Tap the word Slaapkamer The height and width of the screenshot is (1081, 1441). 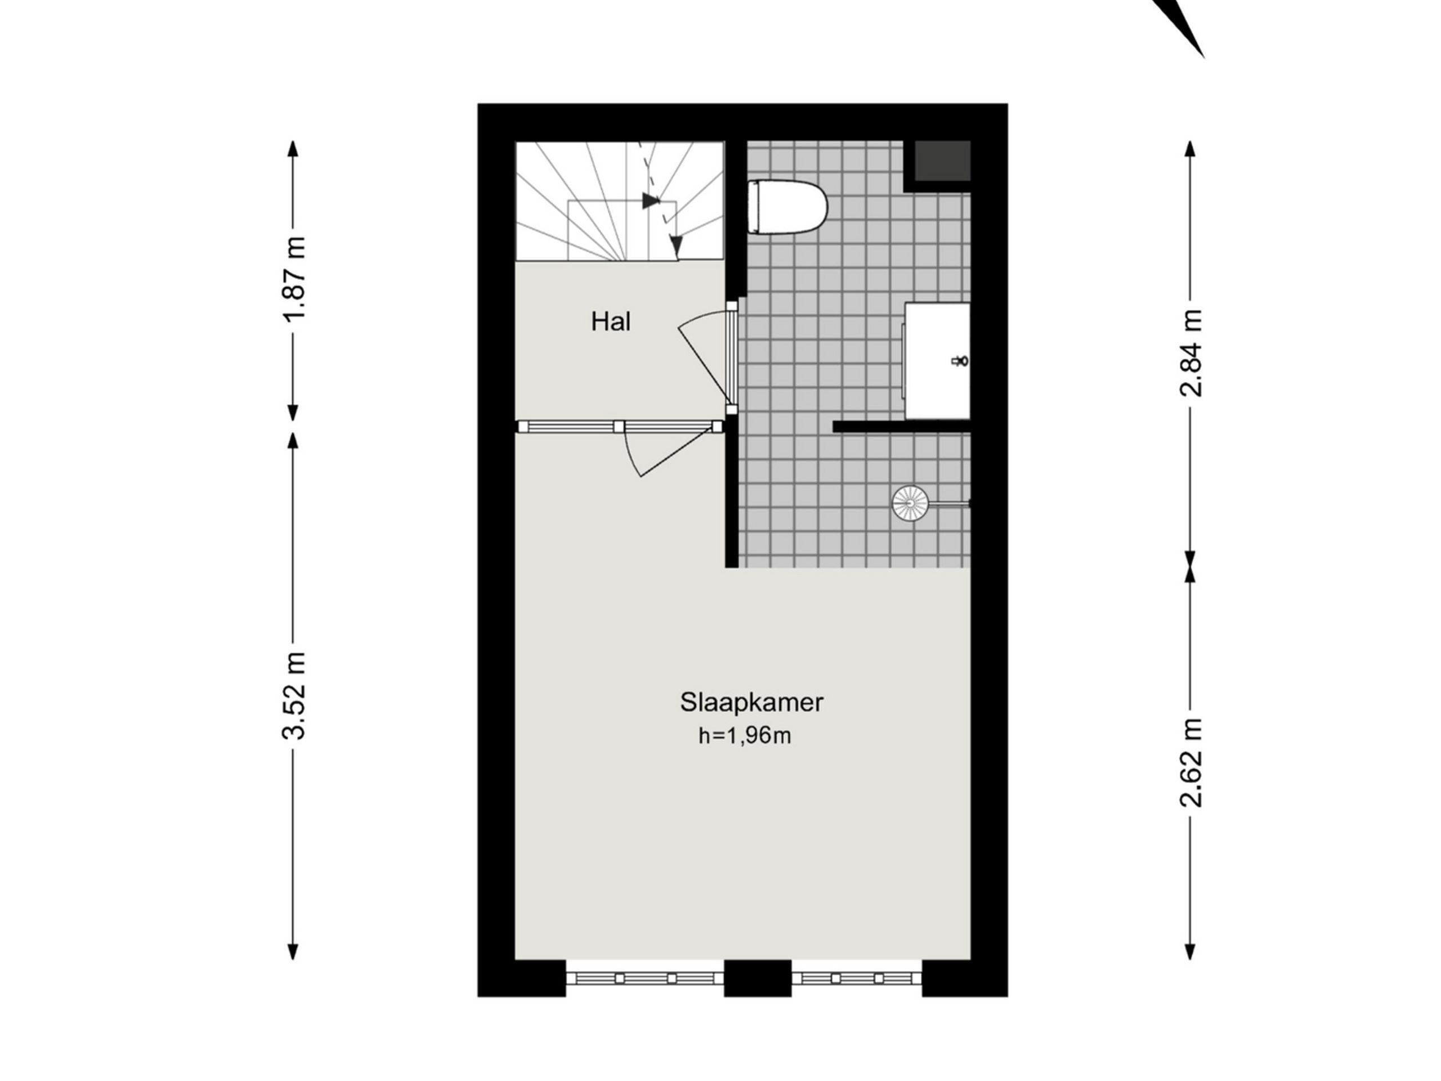click(751, 703)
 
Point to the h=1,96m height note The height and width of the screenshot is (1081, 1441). click(745, 736)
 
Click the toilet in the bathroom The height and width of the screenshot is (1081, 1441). click(787, 207)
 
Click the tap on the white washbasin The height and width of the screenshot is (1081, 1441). click(960, 360)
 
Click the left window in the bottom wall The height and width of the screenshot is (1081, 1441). click(645, 978)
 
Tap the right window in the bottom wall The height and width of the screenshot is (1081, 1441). click(857, 978)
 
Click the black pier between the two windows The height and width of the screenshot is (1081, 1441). click(758, 978)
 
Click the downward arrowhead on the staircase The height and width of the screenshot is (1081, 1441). click(676, 245)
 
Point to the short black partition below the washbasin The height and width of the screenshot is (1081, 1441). click(901, 427)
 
